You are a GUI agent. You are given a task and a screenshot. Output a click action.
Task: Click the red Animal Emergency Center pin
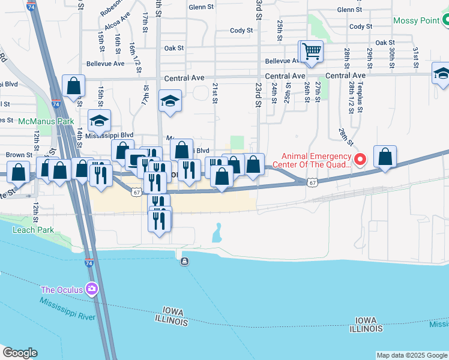pos(360,159)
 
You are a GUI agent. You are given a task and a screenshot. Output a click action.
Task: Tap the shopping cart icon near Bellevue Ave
pos(311,52)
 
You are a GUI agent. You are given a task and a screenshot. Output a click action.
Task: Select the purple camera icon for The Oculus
pos(91,290)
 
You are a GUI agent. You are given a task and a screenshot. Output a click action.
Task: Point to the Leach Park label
pos(33,230)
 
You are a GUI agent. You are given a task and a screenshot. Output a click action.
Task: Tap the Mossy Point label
pos(417,20)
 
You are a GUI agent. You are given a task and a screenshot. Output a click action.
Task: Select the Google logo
pos(20,353)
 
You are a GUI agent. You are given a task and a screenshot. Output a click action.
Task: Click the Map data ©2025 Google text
pos(412,355)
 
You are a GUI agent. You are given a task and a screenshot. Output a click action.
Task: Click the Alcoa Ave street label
pos(116,26)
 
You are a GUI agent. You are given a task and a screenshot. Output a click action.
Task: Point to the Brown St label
pos(15,155)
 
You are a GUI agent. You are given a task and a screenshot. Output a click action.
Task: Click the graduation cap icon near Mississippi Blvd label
pos(100,121)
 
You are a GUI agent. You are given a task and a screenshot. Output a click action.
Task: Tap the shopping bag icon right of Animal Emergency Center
pos(385,157)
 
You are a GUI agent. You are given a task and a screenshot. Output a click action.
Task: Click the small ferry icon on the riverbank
pos(184,261)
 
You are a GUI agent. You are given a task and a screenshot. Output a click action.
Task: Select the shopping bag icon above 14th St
pos(73,86)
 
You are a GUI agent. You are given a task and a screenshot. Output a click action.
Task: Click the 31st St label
pos(415,58)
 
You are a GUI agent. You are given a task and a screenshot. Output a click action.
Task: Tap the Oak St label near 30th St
pos(385,43)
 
